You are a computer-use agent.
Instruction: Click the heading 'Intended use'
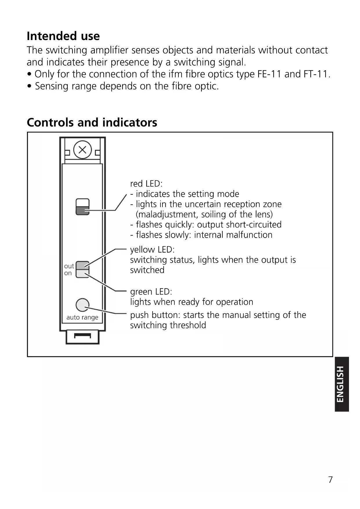pos(63,36)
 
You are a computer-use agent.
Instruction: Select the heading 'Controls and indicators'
pos(92,122)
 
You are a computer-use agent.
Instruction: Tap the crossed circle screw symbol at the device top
pos(83,150)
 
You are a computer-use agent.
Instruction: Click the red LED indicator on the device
pos(83,210)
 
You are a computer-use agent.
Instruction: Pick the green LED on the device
pos(83,273)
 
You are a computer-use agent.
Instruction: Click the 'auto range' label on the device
pos(82,317)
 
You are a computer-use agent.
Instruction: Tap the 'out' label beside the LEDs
pos(69,266)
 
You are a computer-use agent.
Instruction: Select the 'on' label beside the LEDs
pos(68,273)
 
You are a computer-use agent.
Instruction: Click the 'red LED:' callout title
pos(146,184)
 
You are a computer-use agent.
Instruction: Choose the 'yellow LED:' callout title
pos(152,250)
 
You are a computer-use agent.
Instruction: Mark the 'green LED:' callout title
pos(151,291)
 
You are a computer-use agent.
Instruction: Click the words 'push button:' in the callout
pos(155,315)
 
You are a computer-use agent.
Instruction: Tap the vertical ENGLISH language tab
pos(341,384)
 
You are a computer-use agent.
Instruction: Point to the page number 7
pos(330,480)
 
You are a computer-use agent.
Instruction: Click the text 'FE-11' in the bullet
pos(269,74)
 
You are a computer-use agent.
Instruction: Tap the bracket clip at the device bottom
pos(83,337)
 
